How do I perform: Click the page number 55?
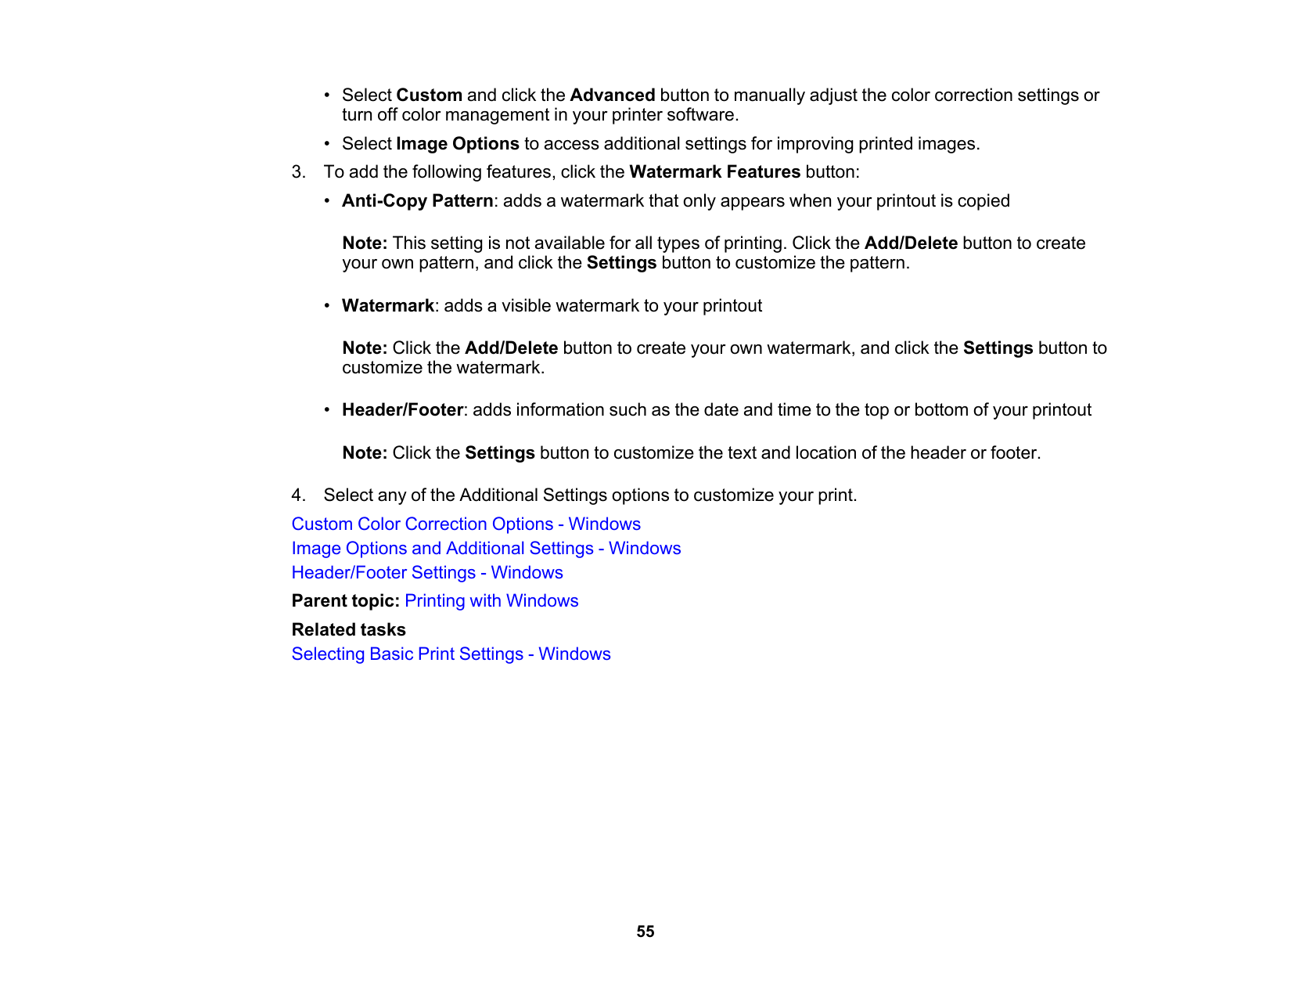click(x=645, y=931)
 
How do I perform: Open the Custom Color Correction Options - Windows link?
click(x=466, y=524)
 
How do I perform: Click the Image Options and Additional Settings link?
click(x=486, y=549)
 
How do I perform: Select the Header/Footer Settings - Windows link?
click(x=427, y=573)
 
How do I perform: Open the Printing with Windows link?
click(x=491, y=601)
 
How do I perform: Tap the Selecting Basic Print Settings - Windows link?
click(x=451, y=654)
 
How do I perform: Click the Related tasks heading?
click(x=348, y=630)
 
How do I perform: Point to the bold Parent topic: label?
click(x=345, y=601)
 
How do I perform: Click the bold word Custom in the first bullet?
click(x=429, y=95)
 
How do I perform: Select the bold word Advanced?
click(x=612, y=95)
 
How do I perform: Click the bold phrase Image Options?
click(x=457, y=144)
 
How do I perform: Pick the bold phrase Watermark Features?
click(x=714, y=172)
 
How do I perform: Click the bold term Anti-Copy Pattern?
click(x=417, y=201)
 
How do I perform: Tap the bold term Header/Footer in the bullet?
click(x=402, y=410)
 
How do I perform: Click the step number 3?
click(x=298, y=172)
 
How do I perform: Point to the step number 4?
click(x=298, y=495)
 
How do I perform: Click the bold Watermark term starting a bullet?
click(x=387, y=306)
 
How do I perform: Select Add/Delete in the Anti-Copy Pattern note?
click(x=911, y=243)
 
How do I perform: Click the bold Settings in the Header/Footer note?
click(x=499, y=453)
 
